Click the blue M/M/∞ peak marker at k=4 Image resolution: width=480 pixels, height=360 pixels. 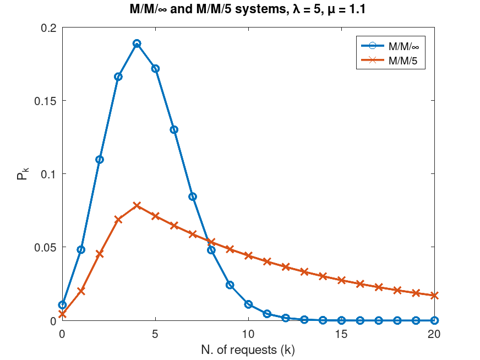click(x=137, y=43)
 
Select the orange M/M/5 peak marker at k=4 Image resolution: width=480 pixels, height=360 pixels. click(x=137, y=205)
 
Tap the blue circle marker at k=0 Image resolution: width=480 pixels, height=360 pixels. click(x=62, y=305)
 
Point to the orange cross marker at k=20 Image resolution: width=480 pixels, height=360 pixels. click(x=434, y=296)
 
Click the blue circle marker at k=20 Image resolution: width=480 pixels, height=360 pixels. click(x=434, y=320)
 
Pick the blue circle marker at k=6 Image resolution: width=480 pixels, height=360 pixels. click(x=174, y=130)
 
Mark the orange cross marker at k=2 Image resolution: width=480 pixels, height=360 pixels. click(x=100, y=254)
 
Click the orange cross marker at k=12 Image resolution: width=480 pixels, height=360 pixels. click(x=286, y=266)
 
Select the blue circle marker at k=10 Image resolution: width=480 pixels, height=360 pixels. click(x=248, y=304)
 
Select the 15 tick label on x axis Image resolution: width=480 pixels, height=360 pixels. click(x=341, y=334)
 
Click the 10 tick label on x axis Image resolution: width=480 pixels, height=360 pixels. click(x=248, y=334)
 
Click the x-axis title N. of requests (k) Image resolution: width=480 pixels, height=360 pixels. click(x=248, y=349)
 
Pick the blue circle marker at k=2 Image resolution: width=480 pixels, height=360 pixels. click(x=100, y=160)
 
